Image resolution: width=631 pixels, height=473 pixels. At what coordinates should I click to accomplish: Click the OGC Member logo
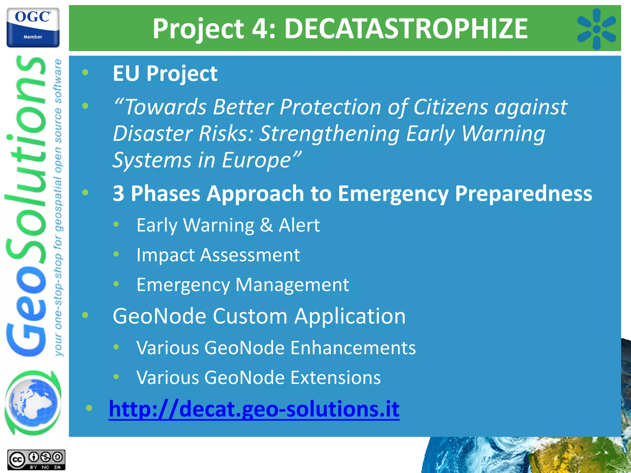[x=33, y=27]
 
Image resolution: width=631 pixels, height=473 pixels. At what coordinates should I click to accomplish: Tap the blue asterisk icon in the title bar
[x=596, y=29]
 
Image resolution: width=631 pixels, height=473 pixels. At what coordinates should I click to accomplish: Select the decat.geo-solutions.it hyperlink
[x=254, y=409]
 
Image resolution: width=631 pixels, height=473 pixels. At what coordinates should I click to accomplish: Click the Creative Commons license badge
[x=36, y=460]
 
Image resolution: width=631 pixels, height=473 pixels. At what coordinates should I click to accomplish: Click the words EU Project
[x=165, y=74]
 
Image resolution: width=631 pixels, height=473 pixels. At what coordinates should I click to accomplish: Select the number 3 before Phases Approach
[x=119, y=194]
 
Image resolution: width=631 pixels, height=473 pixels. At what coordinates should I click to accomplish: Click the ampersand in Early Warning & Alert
[x=266, y=225]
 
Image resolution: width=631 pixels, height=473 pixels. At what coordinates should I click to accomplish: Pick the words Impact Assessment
[x=218, y=255]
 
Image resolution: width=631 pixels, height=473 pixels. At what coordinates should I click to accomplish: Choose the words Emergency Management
[x=242, y=285]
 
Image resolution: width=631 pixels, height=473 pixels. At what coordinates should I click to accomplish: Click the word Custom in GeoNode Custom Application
[x=250, y=316]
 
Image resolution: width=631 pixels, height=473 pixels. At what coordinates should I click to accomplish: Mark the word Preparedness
[x=523, y=194]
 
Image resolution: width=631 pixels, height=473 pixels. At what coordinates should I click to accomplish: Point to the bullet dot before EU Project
[x=85, y=73]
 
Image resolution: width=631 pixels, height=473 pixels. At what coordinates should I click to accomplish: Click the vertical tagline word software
[x=58, y=81]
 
